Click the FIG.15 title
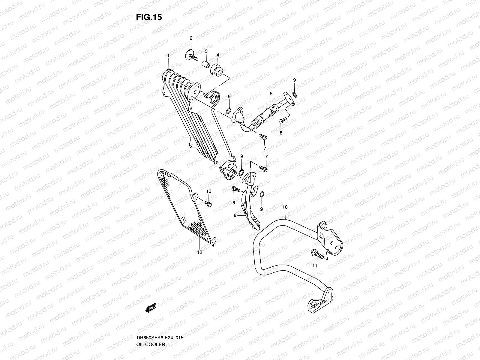tap(149, 17)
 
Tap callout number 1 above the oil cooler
tap(169, 55)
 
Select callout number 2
tap(191, 38)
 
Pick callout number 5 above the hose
tap(271, 94)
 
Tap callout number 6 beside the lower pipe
tap(235, 215)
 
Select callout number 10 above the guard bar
tap(285, 207)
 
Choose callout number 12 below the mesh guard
tap(200, 252)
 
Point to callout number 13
tap(209, 191)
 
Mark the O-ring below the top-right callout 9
tap(295, 95)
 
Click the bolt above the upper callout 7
tap(263, 137)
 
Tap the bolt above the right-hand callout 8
tap(282, 121)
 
